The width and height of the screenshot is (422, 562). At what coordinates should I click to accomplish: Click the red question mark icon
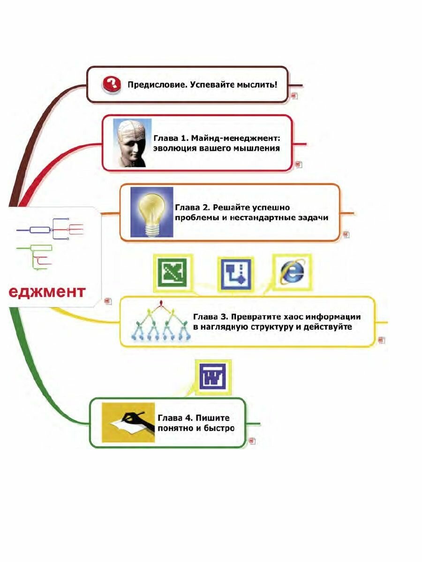click(112, 85)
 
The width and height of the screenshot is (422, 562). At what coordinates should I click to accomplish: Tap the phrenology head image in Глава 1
click(132, 143)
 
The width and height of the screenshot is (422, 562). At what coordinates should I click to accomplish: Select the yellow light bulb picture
click(151, 212)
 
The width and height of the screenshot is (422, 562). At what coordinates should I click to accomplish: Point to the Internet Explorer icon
click(292, 273)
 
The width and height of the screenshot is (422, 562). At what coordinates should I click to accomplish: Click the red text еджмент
click(47, 292)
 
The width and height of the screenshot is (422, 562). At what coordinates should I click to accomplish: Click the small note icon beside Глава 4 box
click(252, 441)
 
